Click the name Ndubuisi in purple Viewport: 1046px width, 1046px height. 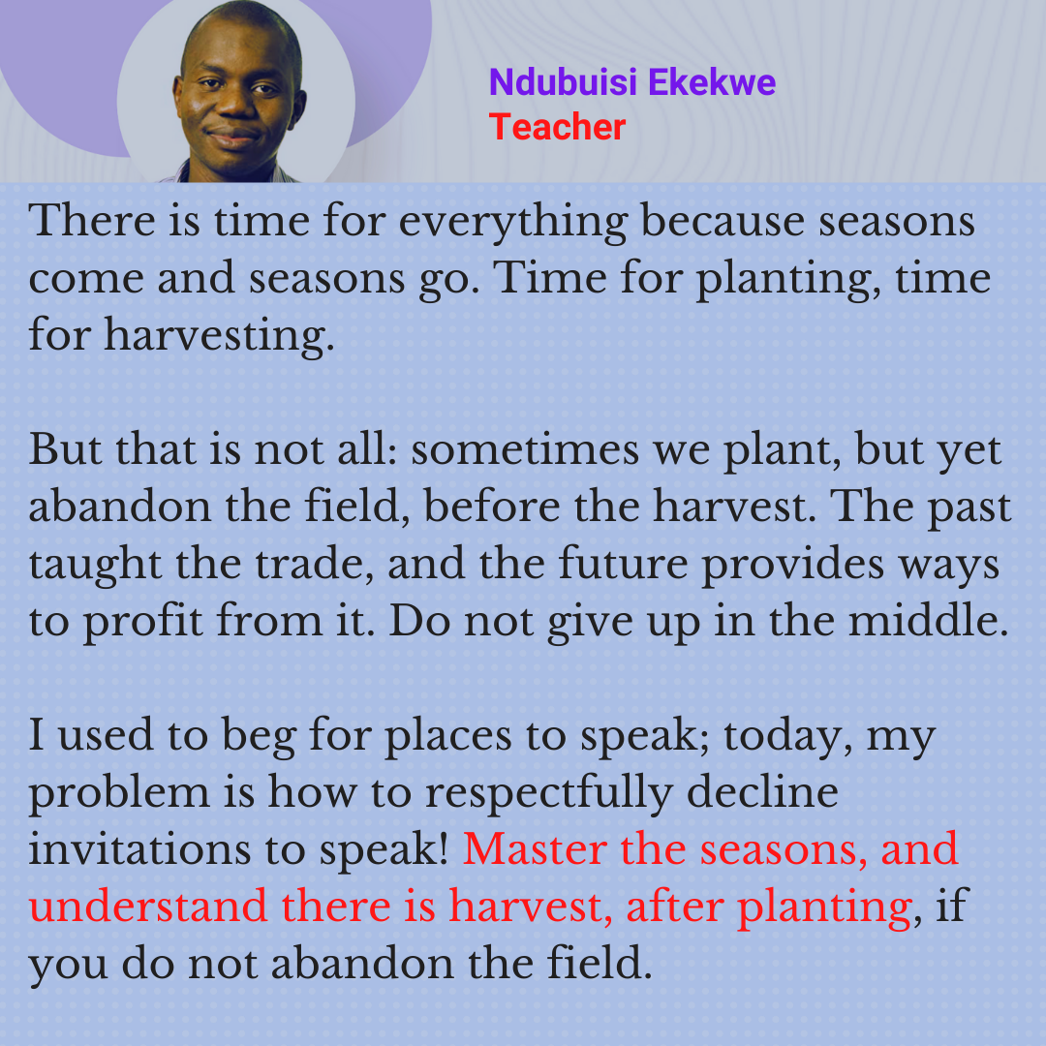[x=563, y=82]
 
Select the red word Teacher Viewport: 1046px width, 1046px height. [x=557, y=127]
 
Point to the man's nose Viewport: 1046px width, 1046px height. [x=233, y=104]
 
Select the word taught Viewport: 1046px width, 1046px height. [x=95, y=567]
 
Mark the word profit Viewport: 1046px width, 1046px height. [x=142, y=623]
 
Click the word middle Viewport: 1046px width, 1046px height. [x=928, y=621]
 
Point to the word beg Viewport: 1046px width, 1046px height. [x=259, y=738]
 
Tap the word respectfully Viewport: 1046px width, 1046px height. [x=549, y=795]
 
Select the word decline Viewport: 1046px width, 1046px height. [x=762, y=792]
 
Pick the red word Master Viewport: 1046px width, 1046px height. [x=535, y=850]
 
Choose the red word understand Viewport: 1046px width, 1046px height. [x=148, y=908]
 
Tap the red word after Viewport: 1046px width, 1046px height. [x=674, y=908]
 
